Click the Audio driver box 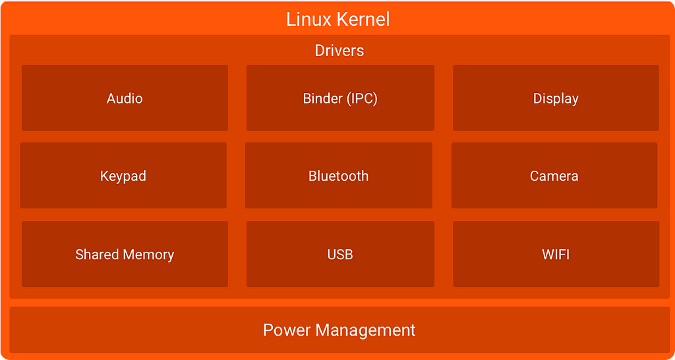(x=125, y=98)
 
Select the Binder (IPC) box (x=340, y=98)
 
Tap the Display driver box (x=556, y=98)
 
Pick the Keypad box (x=123, y=176)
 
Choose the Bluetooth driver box (x=339, y=176)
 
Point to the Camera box (x=554, y=176)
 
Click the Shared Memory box (x=125, y=255)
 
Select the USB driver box (x=340, y=255)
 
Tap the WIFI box (x=556, y=255)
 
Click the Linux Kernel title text (x=338, y=19)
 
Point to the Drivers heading (x=339, y=51)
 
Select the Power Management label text (x=339, y=330)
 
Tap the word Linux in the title (x=307, y=19)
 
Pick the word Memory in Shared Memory (x=149, y=255)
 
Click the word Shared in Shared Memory (x=97, y=255)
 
